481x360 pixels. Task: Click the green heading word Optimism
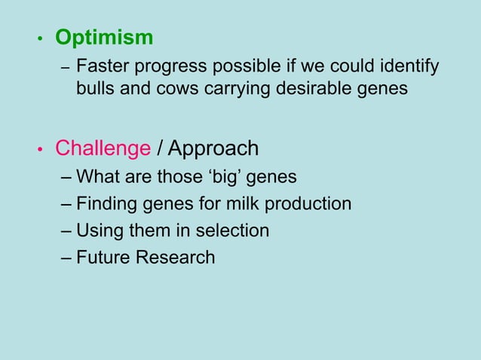[x=104, y=38]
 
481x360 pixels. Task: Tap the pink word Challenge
[x=103, y=148]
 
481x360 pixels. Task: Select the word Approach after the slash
[x=213, y=148]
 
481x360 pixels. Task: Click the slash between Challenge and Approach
[x=160, y=148]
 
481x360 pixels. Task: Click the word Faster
[x=103, y=67]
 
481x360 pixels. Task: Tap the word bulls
[x=95, y=89]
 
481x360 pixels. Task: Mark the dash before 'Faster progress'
[x=66, y=69]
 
